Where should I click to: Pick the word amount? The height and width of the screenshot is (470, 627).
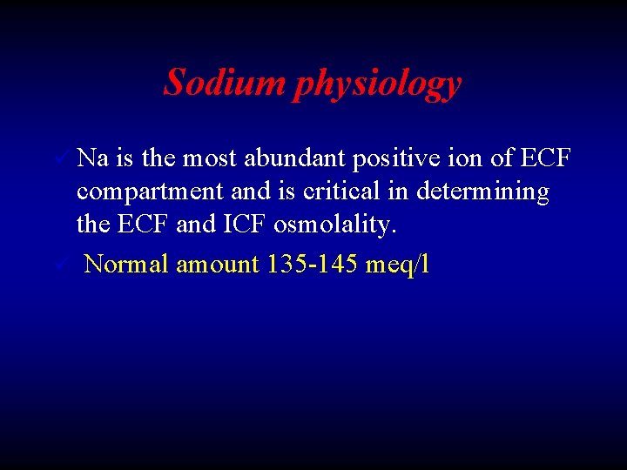pos(217,265)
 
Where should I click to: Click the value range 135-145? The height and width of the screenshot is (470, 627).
pos(313,264)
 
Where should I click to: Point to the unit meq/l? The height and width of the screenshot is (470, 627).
pos(398,265)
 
